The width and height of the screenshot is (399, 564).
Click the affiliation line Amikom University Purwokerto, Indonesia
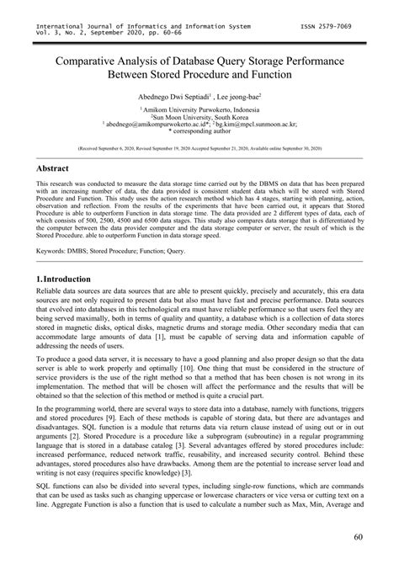199,109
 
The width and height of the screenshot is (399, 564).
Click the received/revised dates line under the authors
199,147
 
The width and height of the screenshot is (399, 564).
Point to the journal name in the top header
136,26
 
